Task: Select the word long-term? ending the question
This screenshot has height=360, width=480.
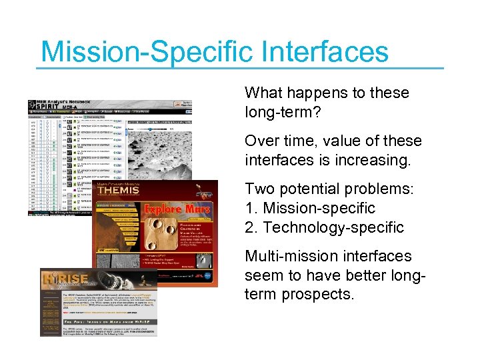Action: tap(283, 113)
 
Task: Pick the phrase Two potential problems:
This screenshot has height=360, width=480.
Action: tap(329, 189)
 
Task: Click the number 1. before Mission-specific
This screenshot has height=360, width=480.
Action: tap(252, 209)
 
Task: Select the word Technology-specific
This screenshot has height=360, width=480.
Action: tap(333, 228)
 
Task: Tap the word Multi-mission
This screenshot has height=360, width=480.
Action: tap(287, 257)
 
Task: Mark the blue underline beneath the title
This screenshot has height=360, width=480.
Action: tap(240, 67)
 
